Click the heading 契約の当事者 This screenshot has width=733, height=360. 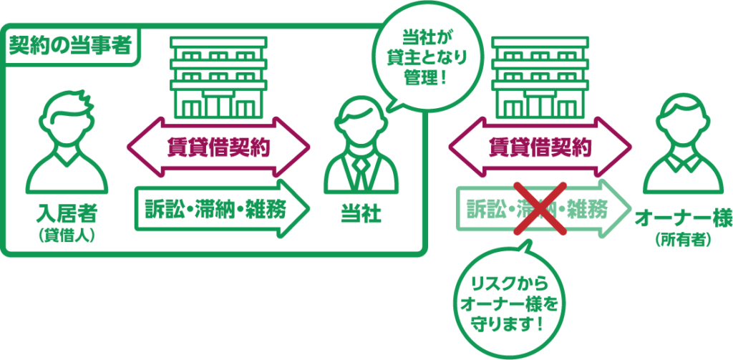69,45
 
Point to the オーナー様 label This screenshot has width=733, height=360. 683,220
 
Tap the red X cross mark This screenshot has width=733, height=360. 541,208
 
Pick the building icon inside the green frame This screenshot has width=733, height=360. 218,77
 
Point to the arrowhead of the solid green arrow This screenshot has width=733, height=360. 293,208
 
